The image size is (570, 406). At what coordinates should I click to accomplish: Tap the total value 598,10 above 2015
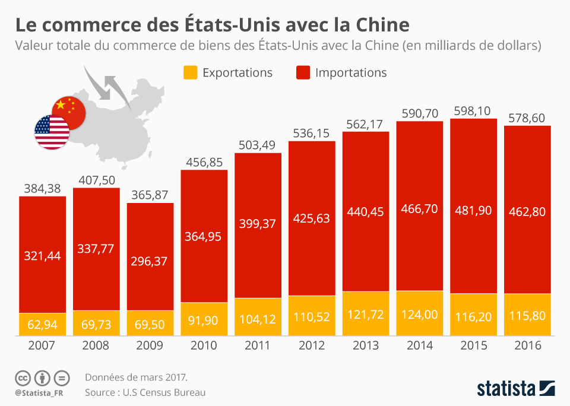pyautogui.click(x=474, y=111)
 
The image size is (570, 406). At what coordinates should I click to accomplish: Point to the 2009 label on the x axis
pyautogui.click(x=150, y=345)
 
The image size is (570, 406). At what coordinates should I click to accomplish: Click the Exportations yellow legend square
pyautogui.click(x=189, y=73)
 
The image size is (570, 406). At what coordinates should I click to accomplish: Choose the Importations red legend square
pyautogui.click(x=302, y=73)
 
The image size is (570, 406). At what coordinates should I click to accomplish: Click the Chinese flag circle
pyautogui.click(x=68, y=110)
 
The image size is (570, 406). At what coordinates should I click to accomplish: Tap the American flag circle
pyautogui.click(x=51, y=132)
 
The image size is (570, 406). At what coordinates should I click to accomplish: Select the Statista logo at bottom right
pyautogui.click(x=516, y=389)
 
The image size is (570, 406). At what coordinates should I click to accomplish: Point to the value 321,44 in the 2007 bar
pyautogui.click(x=42, y=256)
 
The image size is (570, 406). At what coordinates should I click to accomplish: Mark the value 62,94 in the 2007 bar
pyautogui.click(x=42, y=324)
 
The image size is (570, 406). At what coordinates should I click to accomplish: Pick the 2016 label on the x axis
pyautogui.click(x=527, y=345)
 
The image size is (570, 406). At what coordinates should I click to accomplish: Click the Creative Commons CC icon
pyautogui.click(x=23, y=378)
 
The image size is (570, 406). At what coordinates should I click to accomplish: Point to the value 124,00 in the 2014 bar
pyautogui.click(x=420, y=314)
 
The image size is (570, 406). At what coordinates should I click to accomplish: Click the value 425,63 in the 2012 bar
pyautogui.click(x=312, y=218)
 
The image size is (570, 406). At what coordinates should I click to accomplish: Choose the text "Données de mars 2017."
pyautogui.click(x=136, y=377)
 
